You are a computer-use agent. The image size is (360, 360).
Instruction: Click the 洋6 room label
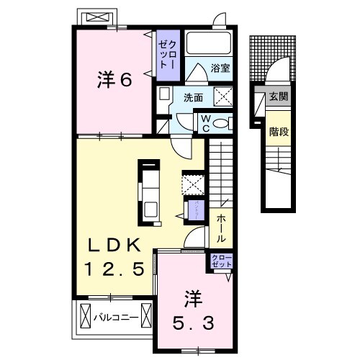click(114, 81)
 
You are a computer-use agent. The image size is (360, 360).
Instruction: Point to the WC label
click(204, 122)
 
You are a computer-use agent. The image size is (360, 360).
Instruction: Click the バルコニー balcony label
click(114, 315)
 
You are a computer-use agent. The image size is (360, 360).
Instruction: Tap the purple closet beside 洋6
click(166, 53)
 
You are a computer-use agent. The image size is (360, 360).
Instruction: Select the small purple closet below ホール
click(221, 261)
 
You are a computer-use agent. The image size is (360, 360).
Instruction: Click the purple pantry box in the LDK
click(194, 210)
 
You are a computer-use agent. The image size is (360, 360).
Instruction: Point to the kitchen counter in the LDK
click(150, 191)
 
